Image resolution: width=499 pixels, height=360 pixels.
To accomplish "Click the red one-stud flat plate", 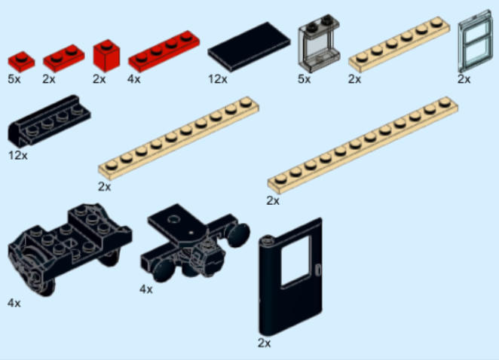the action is [x=21, y=61].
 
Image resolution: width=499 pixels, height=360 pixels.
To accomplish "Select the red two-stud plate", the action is [x=63, y=57].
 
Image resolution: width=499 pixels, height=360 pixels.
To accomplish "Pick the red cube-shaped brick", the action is [x=106, y=56].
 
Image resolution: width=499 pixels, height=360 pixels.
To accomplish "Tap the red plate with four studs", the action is [x=164, y=51].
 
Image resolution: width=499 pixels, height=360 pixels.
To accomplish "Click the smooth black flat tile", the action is [x=249, y=47].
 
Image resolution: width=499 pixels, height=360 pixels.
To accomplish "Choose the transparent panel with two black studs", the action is [x=319, y=43].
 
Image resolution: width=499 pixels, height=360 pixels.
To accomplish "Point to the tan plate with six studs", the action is [x=399, y=44].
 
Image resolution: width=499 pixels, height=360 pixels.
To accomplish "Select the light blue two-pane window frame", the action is [x=475, y=41].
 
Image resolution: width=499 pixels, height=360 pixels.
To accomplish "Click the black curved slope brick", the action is [x=49, y=121].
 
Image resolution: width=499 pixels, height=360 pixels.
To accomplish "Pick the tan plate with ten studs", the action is [x=179, y=137].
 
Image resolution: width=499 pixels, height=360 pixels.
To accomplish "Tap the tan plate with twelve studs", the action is [x=363, y=145].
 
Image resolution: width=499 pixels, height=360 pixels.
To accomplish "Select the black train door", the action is [x=290, y=276].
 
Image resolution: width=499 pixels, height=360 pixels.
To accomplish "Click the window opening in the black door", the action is [x=296, y=261].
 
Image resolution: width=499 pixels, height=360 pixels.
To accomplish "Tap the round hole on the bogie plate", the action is [x=174, y=219].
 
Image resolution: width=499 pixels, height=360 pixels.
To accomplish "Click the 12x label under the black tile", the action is [x=218, y=79].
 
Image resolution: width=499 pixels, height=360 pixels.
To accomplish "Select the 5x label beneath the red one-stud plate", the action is [x=14, y=79].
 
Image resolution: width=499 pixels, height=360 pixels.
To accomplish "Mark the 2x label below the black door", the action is [x=264, y=343].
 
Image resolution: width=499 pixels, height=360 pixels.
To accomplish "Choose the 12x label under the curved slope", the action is [x=18, y=155].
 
